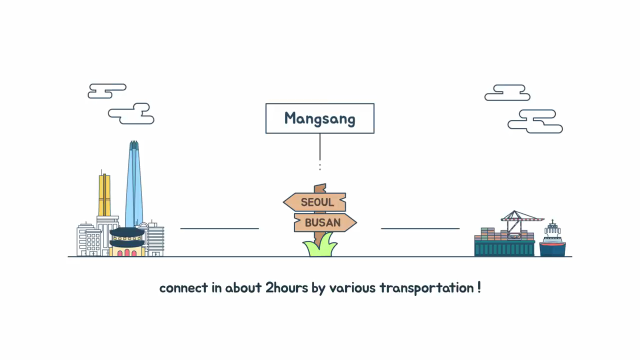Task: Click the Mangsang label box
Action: point(319,118)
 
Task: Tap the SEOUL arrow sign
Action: point(316,202)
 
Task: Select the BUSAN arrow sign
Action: point(324,222)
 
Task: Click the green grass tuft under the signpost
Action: point(320,248)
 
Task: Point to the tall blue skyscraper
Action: point(133,185)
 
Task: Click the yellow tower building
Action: point(104,195)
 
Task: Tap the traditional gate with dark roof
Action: point(127,242)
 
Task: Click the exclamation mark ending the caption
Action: point(479,287)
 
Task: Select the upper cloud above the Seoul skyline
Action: point(106,91)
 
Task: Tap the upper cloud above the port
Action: point(507,93)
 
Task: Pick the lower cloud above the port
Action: point(535,121)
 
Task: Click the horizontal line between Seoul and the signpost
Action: point(219,228)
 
